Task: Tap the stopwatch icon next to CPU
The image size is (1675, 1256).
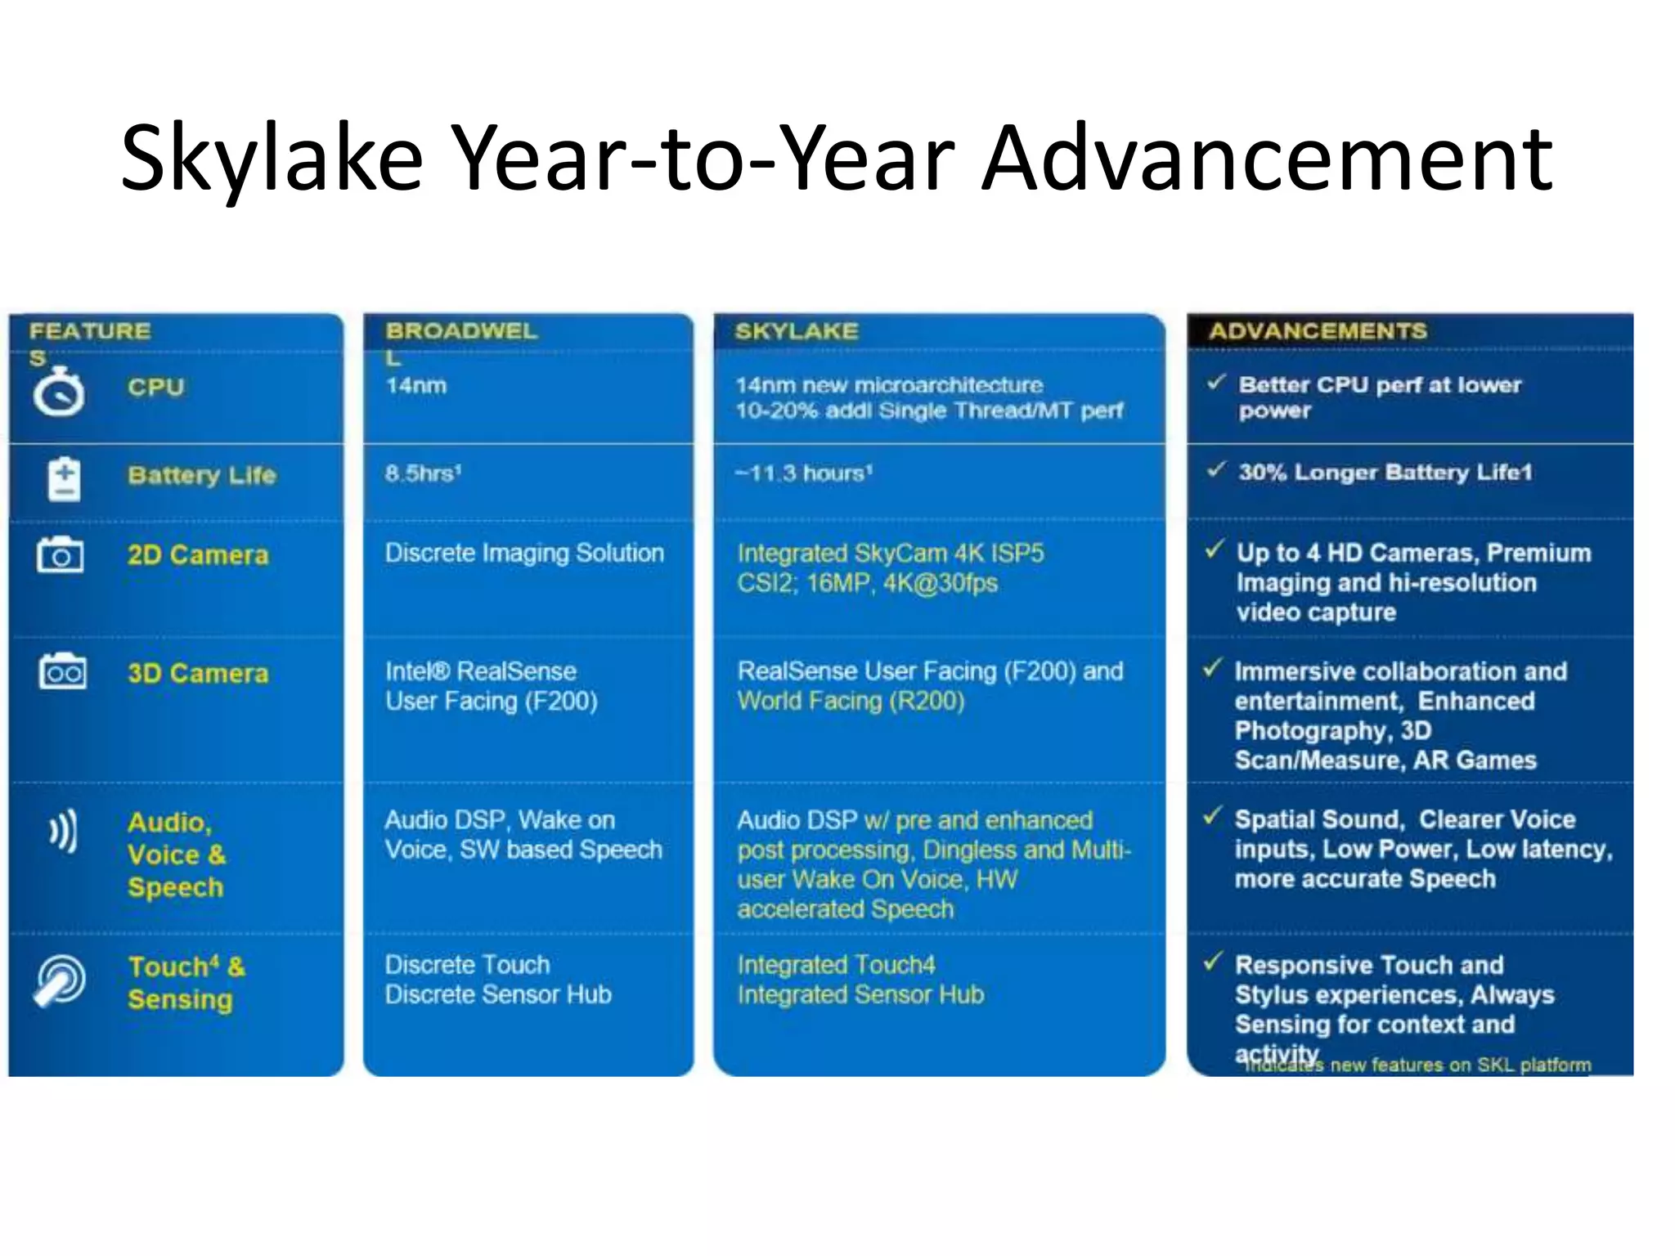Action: point(59,392)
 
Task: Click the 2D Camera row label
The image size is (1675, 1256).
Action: point(197,555)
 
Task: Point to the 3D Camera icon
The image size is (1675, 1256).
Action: point(62,672)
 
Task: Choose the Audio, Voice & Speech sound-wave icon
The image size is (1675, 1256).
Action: point(63,831)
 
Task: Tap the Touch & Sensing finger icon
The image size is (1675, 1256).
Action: point(60,980)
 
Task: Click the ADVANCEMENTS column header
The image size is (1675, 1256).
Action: point(1317,331)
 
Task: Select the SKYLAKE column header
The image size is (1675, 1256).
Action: point(796,331)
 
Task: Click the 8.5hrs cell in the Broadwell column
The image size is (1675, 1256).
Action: point(423,473)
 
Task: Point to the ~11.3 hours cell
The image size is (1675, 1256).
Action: point(803,473)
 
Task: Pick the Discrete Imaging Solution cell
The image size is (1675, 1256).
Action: point(524,554)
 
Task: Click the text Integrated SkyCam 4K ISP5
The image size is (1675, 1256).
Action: point(890,554)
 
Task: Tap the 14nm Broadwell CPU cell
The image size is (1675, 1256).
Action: point(415,385)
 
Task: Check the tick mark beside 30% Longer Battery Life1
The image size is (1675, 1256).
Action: point(1216,469)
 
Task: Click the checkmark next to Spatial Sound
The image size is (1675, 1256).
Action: point(1213,815)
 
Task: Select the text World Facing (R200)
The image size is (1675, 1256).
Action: point(851,702)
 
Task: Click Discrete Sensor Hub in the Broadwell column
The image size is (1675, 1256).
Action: point(498,994)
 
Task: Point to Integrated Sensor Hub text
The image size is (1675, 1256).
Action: point(860,994)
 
